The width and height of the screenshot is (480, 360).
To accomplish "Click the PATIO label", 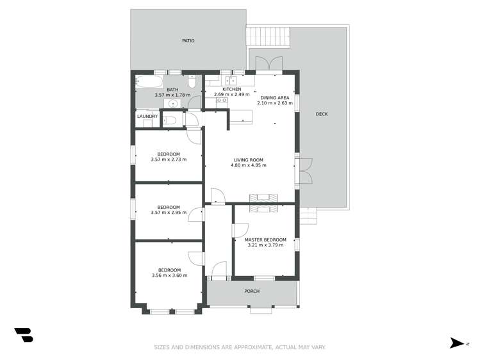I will point(188,41).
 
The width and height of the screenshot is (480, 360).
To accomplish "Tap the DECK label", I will point(322,115).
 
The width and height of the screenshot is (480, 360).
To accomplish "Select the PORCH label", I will point(252,291).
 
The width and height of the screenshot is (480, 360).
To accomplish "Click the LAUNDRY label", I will point(147,117).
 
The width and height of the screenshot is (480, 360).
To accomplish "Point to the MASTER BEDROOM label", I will point(266,240).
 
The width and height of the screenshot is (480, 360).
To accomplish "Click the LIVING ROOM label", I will point(248,160).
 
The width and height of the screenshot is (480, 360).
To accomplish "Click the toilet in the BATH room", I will point(192,82).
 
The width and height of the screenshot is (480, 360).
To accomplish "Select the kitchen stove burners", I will point(222,100).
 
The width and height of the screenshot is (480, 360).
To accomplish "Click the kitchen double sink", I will point(231,81).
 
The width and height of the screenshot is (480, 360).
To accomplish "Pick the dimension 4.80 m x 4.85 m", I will point(248,165).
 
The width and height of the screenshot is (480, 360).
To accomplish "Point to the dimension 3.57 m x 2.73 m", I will point(169,160).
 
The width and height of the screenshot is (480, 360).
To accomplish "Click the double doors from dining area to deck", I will point(269,64).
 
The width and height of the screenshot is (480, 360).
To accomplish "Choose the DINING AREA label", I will point(275,97).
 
